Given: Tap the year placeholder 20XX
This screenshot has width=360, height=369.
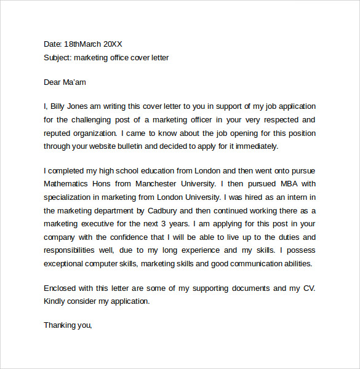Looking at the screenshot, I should point(113,44).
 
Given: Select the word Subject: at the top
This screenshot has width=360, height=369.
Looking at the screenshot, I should point(58,58).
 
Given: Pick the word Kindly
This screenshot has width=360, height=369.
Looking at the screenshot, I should point(55,301).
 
